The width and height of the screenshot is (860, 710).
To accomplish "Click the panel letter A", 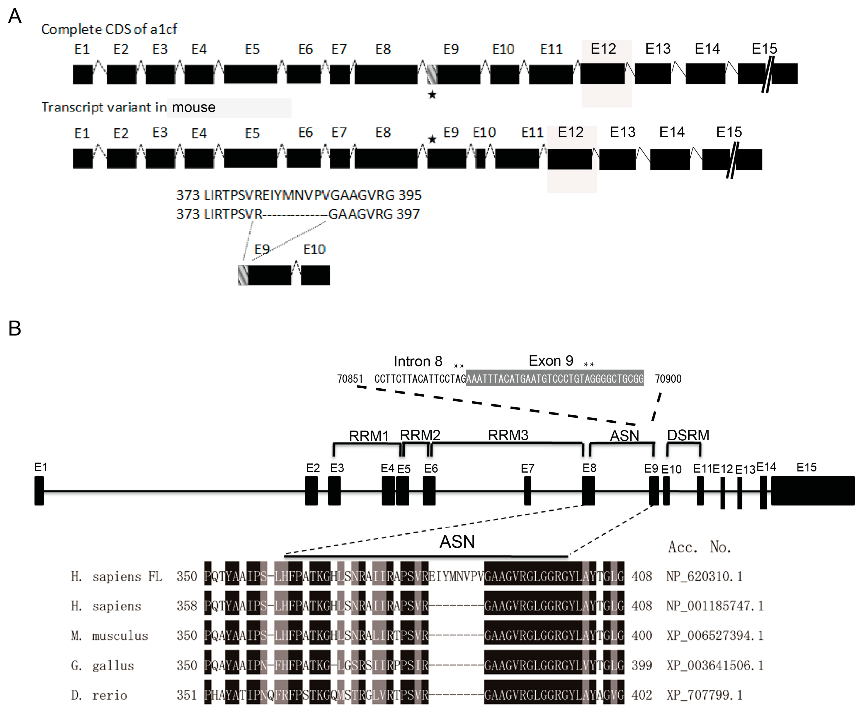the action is tap(15, 16).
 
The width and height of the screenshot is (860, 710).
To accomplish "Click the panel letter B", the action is tap(15, 328).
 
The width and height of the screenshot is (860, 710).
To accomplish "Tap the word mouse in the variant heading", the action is tap(194, 107).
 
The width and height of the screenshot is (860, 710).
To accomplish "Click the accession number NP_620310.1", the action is tap(704, 576).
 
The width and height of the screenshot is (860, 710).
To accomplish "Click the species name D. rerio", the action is tap(99, 695).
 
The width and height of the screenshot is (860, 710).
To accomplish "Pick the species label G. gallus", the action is tap(102, 665).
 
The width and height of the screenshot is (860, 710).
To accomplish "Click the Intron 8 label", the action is tap(417, 361).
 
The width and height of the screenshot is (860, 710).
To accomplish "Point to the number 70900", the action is tap(668, 379).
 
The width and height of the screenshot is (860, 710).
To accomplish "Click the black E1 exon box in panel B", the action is tap(39, 490).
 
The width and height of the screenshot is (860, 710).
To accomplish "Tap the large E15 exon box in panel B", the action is tap(812, 490).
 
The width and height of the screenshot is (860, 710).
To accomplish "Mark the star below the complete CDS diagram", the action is tap(432, 95).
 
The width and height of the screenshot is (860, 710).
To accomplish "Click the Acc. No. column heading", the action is tap(699, 547).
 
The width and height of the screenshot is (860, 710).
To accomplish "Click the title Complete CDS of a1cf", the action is tap(109, 29).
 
